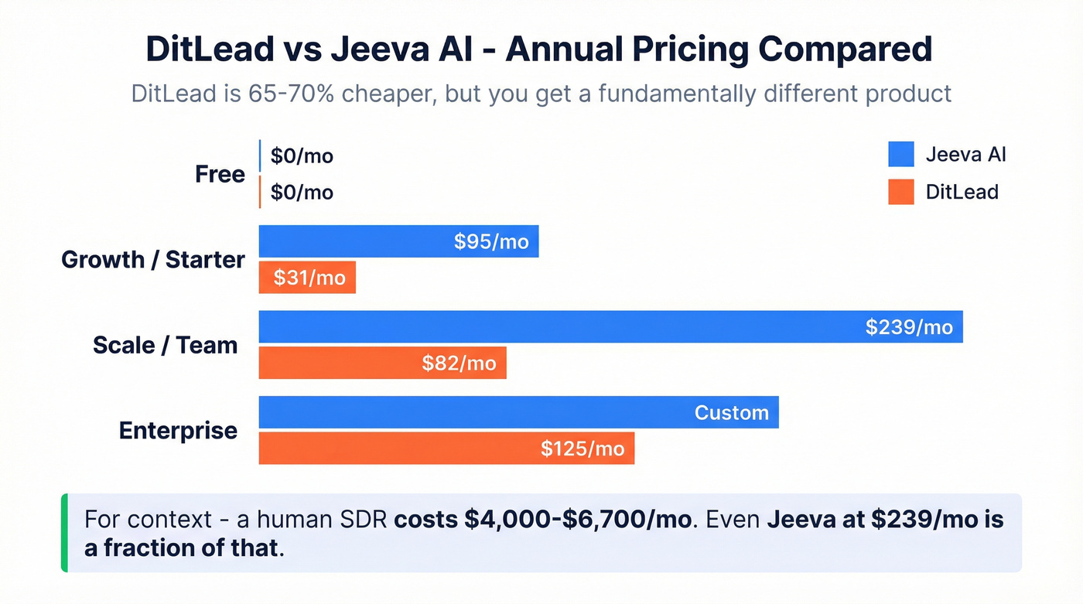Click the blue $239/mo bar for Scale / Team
[610, 327]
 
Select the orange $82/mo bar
[382, 363]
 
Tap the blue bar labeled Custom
[518, 412]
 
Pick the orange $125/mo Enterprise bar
[446, 449]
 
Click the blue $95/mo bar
[398, 242]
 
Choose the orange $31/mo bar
[307, 278]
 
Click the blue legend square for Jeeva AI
[901, 155]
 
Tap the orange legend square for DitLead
[901, 192]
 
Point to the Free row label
[220, 175]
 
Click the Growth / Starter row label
[153, 260]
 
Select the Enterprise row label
[178, 430]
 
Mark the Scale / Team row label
[165, 345]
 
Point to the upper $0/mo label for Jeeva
[302, 156]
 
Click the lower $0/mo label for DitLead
[302, 192]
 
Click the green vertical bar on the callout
[64, 533]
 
